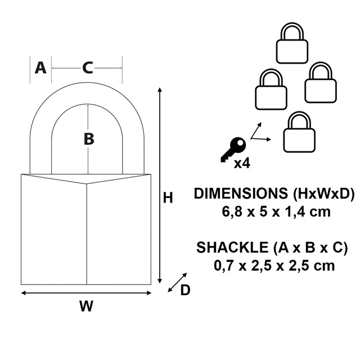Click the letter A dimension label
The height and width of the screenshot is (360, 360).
pyautogui.click(x=40, y=68)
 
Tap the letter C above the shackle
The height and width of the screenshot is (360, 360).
pyautogui.click(x=87, y=68)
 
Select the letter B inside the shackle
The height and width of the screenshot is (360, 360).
pyautogui.click(x=88, y=139)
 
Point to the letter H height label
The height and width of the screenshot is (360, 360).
pyautogui.click(x=167, y=198)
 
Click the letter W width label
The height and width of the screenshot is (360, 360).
pyautogui.click(x=85, y=307)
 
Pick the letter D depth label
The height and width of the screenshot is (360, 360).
pyautogui.click(x=184, y=290)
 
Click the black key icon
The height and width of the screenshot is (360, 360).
pyautogui.click(x=232, y=149)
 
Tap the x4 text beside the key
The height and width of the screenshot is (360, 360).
pyautogui.click(x=241, y=164)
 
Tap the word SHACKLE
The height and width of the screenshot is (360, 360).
pyautogui.click(x=232, y=247)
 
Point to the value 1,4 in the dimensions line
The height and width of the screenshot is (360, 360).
pyautogui.click(x=296, y=213)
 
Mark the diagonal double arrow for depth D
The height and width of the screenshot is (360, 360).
pyautogui.click(x=177, y=283)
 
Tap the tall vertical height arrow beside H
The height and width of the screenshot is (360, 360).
pyautogui.click(x=161, y=186)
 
